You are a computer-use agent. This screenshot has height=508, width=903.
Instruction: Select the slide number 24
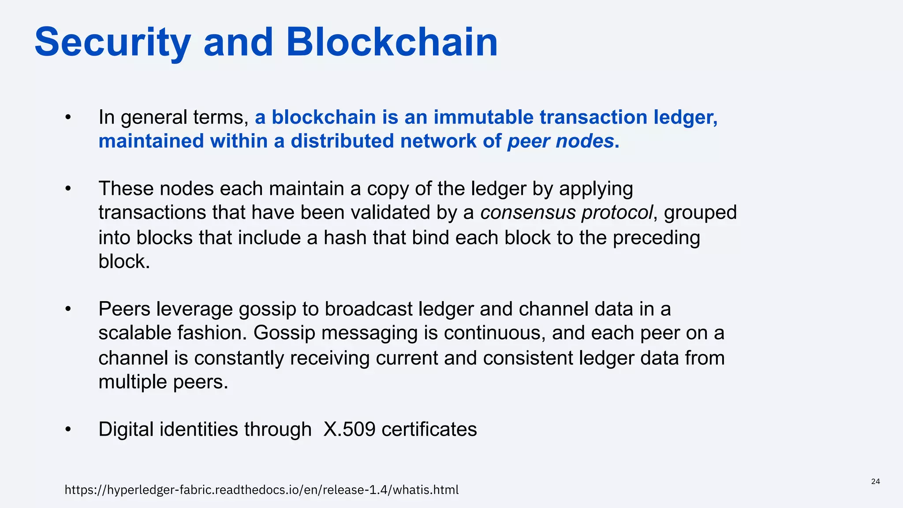(875, 481)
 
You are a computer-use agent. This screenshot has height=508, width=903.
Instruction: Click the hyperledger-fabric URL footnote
(261, 489)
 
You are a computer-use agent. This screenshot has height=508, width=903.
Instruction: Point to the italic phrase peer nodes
(560, 141)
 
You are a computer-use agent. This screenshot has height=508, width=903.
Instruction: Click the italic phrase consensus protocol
(566, 213)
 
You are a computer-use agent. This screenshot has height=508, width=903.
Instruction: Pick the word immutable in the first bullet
(483, 117)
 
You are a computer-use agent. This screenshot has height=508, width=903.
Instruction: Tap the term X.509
(349, 430)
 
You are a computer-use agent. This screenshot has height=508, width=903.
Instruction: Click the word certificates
(429, 430)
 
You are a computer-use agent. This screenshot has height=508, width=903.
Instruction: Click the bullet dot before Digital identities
(67, 430)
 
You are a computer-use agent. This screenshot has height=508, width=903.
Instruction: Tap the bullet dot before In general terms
(67, 117)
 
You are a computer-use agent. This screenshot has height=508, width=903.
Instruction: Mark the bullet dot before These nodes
(67, 189)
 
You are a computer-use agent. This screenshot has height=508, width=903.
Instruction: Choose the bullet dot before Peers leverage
(67, 309)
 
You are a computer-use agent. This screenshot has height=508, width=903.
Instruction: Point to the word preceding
(656, 237)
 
